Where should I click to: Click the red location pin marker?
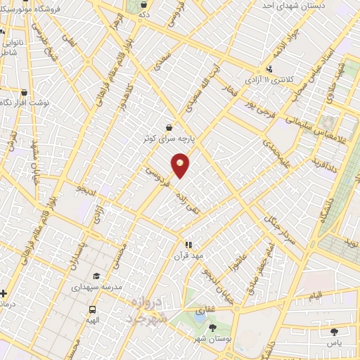(x=181, y=164)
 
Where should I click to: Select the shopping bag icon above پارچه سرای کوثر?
(x=169, y=127)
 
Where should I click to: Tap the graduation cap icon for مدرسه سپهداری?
(x=96, y=276)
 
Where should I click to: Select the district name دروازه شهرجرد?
(x=150, y=309)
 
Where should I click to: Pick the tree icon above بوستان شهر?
(x=213, y=328)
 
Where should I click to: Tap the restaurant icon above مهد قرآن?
(x=188, y=244)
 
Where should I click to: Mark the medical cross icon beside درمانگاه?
(x=4, y=293)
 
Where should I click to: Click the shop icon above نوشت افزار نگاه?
(x=25, y=92)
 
